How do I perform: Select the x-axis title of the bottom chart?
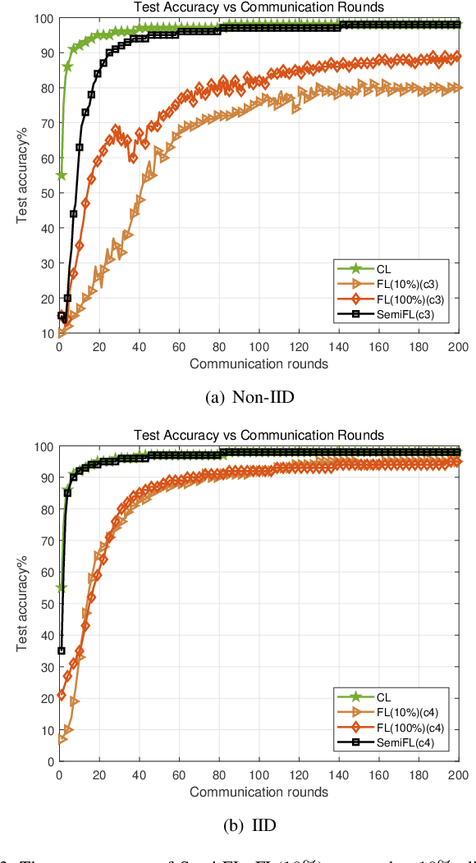pos(259,792)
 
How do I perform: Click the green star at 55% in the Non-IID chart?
pos(61,176)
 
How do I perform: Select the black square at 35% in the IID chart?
pos(62,651)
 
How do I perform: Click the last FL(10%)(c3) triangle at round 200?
pos(458,88)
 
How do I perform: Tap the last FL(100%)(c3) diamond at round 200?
pos(457,57)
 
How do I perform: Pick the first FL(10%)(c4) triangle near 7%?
pos(62,738)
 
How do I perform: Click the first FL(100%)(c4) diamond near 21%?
pos(60,695)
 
